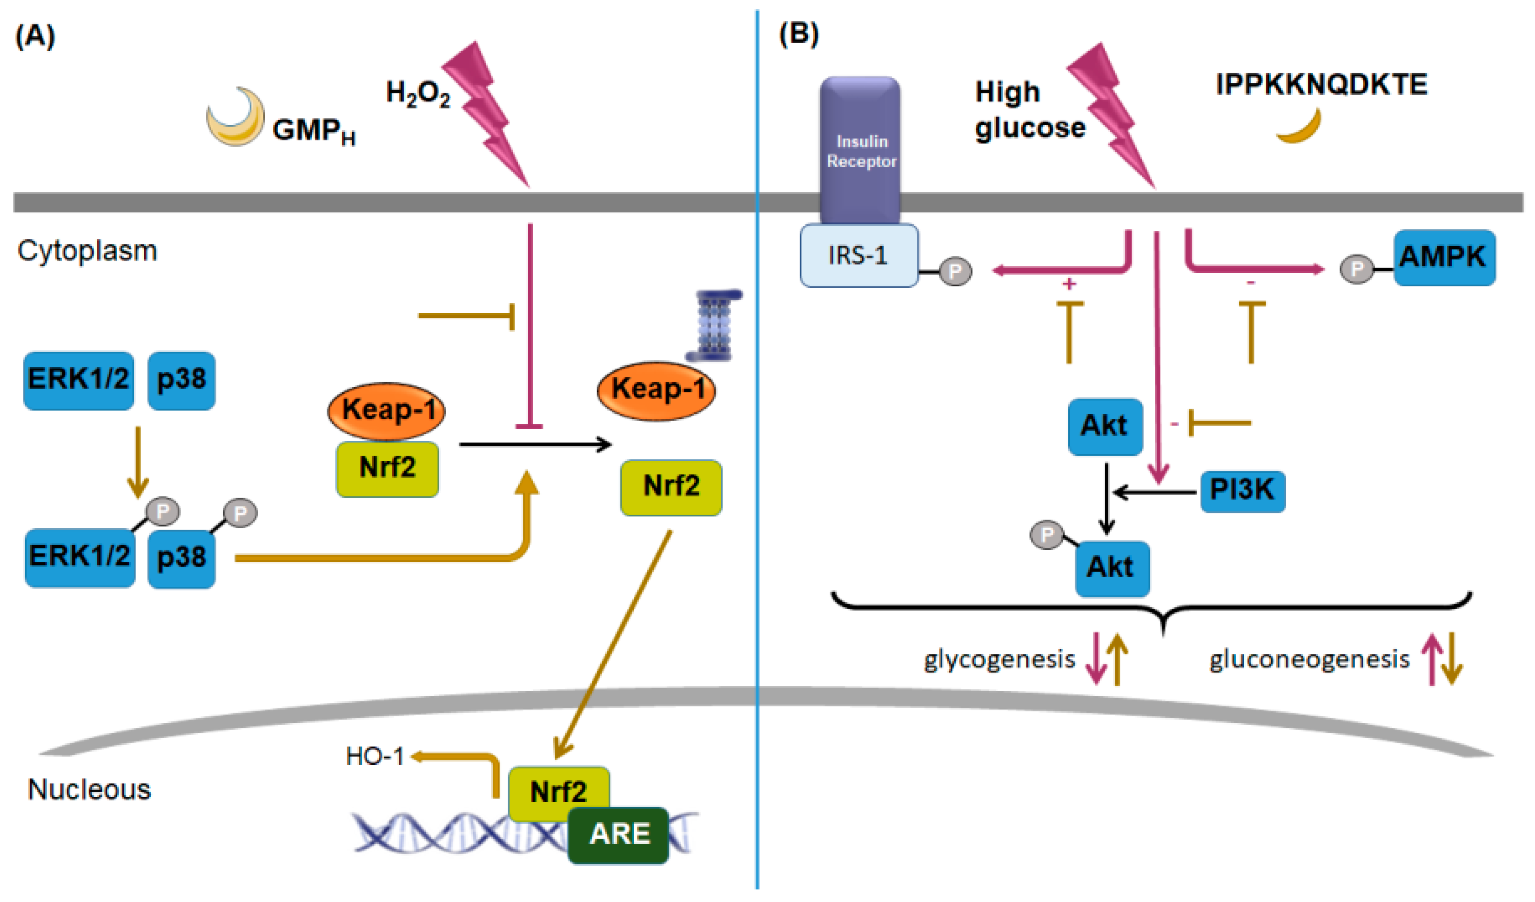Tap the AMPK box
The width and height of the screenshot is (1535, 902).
pos(1444,257)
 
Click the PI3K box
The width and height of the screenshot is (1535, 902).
pos(1243,491)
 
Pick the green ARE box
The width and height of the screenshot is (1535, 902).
pos(619,835)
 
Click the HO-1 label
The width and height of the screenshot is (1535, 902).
pos(375,756)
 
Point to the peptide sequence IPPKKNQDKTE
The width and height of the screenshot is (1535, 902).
pos(1321,84)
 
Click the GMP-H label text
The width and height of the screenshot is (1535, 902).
pos(313,130)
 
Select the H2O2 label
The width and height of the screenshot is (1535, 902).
pos(418,93)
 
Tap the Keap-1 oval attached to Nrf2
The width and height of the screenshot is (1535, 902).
pos(387,410)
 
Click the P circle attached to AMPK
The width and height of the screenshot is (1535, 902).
pos(1356,269)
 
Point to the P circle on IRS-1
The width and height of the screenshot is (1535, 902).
pos(954,271)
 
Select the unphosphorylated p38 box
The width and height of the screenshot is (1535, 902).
pos(181,380)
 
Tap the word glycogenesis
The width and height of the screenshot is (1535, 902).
pos(999,660)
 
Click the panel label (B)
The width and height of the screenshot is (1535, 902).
pos(798,35)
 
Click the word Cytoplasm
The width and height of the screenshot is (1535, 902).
pos(87,250)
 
